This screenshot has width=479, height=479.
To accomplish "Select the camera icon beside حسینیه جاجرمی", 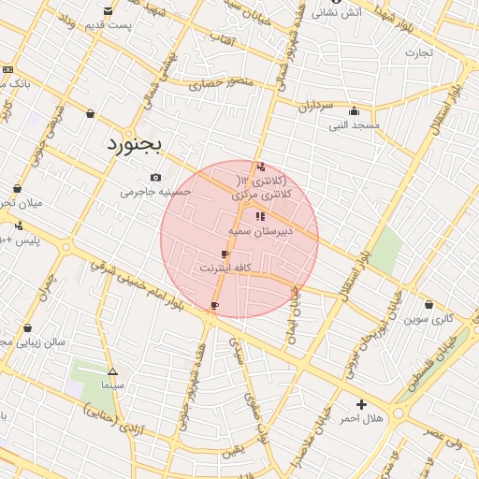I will [155, 178].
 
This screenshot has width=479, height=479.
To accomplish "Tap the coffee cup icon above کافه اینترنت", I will [225, 254].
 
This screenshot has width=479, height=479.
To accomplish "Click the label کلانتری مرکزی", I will [262, 194].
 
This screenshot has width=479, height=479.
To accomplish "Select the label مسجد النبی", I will [353, 123].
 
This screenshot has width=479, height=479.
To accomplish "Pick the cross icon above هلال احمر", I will [362, 404].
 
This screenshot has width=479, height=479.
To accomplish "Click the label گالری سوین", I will [428, 318].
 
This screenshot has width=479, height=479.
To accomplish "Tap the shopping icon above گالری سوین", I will [428, 305].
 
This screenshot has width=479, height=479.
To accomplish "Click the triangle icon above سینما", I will [113, 370].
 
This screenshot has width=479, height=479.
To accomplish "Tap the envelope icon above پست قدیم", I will [109, 10].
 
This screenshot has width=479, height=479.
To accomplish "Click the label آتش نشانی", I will [337, 12].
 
